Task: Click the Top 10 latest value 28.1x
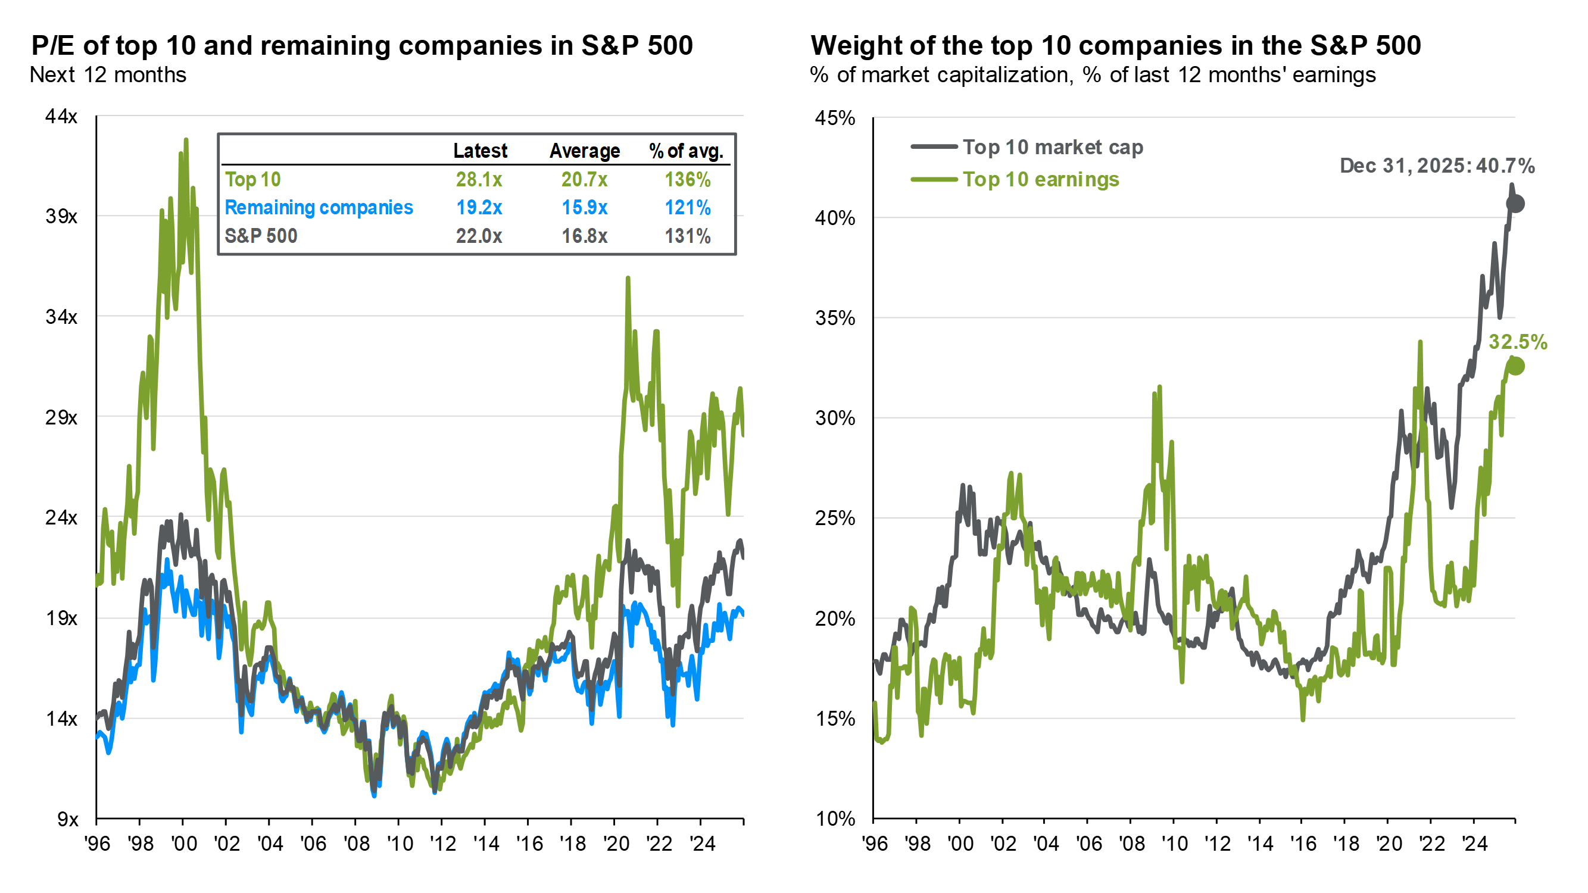pos(478,179)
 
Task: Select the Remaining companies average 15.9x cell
pos(584,208)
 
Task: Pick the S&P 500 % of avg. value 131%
pos(687,236)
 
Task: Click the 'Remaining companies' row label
pos(319,208)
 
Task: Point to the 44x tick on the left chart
pos(61,117)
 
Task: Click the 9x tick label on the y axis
pos(67,819)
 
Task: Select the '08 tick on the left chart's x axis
pos(355,843)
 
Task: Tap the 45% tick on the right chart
pos(835,118)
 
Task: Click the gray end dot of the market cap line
pos(1515,204)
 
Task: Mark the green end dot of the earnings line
pos(1515,366)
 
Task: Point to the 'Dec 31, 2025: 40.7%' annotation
pos(1437,166)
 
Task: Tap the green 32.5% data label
pos(1518,342)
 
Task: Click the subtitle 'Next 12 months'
pos(108,75)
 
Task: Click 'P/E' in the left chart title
pos(53,46)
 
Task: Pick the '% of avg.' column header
pos(686,151)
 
